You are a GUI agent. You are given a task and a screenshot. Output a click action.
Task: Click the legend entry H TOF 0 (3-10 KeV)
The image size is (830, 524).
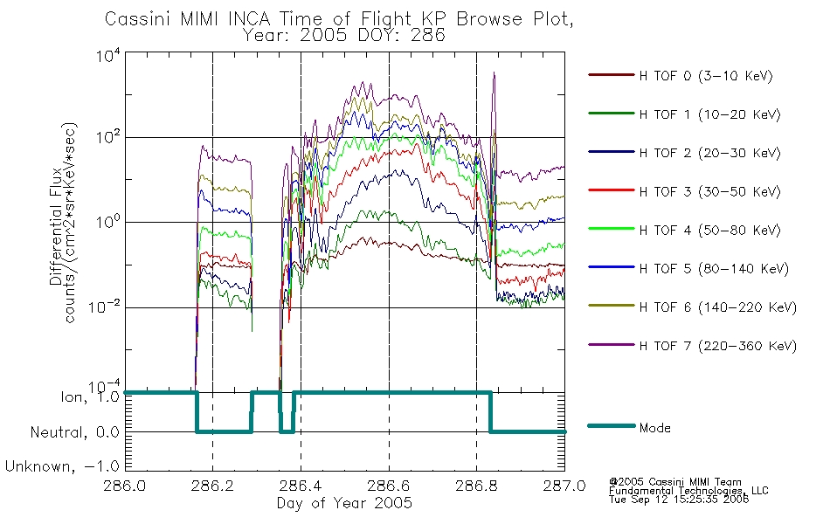(706, 76)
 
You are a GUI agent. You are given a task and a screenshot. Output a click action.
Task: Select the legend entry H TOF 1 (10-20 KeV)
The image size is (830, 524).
(709, 114)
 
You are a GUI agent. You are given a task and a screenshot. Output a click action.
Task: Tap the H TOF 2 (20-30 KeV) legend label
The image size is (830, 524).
(709, 153)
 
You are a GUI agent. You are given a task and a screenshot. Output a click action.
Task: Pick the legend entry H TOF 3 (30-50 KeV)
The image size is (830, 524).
(709, 191)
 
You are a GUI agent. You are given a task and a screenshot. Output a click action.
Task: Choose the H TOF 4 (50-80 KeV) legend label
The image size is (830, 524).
(709, 231)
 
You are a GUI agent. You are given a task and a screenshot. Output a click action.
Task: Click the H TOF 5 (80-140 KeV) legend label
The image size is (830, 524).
(714, 269)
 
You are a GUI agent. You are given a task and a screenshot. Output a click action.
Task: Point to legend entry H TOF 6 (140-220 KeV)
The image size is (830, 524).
(717, 307)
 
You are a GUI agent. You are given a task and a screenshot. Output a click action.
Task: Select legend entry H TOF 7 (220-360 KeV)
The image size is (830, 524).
(717, 346)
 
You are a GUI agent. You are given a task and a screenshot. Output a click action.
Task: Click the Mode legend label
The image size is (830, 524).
(654, 428)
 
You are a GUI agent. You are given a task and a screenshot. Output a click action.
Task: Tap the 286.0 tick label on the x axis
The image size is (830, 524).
(124, 486)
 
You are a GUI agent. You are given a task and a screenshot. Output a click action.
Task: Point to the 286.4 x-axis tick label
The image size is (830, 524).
(301, 486)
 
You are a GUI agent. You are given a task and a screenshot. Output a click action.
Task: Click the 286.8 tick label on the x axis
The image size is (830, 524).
(476, 486)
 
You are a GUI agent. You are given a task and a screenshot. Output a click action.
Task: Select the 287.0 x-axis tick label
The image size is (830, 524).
(564, 486)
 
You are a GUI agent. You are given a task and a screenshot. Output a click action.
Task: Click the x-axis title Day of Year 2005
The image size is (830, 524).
(344, 503)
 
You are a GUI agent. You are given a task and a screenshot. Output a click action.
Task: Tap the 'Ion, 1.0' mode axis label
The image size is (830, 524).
(90, 396)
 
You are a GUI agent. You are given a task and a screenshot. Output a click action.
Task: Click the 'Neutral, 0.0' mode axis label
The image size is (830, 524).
(74, 432)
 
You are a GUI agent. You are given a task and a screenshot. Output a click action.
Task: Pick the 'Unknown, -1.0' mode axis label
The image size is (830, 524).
(62, 466)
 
